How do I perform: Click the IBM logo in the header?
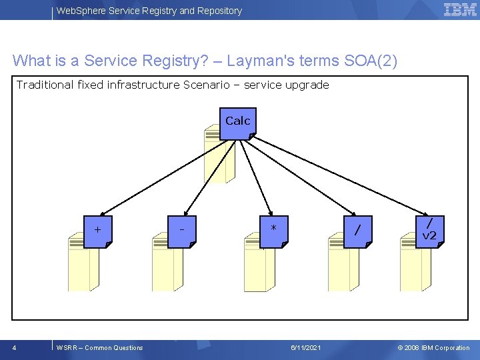coord(460,9)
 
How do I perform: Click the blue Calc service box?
coord(237,123)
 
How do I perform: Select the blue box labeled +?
coord(99,231)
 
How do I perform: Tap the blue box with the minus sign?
coord(183,231)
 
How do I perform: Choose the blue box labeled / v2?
coord(431,230)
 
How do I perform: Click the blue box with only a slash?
coord(359,231)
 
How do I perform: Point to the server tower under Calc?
coord(219,157)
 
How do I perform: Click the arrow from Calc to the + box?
coord(160,177)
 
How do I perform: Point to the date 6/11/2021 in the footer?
coord(306,347)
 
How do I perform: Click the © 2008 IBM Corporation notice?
coord(433,347)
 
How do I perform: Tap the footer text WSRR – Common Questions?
coord(100,347)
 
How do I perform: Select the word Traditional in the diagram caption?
coord(45,85)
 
